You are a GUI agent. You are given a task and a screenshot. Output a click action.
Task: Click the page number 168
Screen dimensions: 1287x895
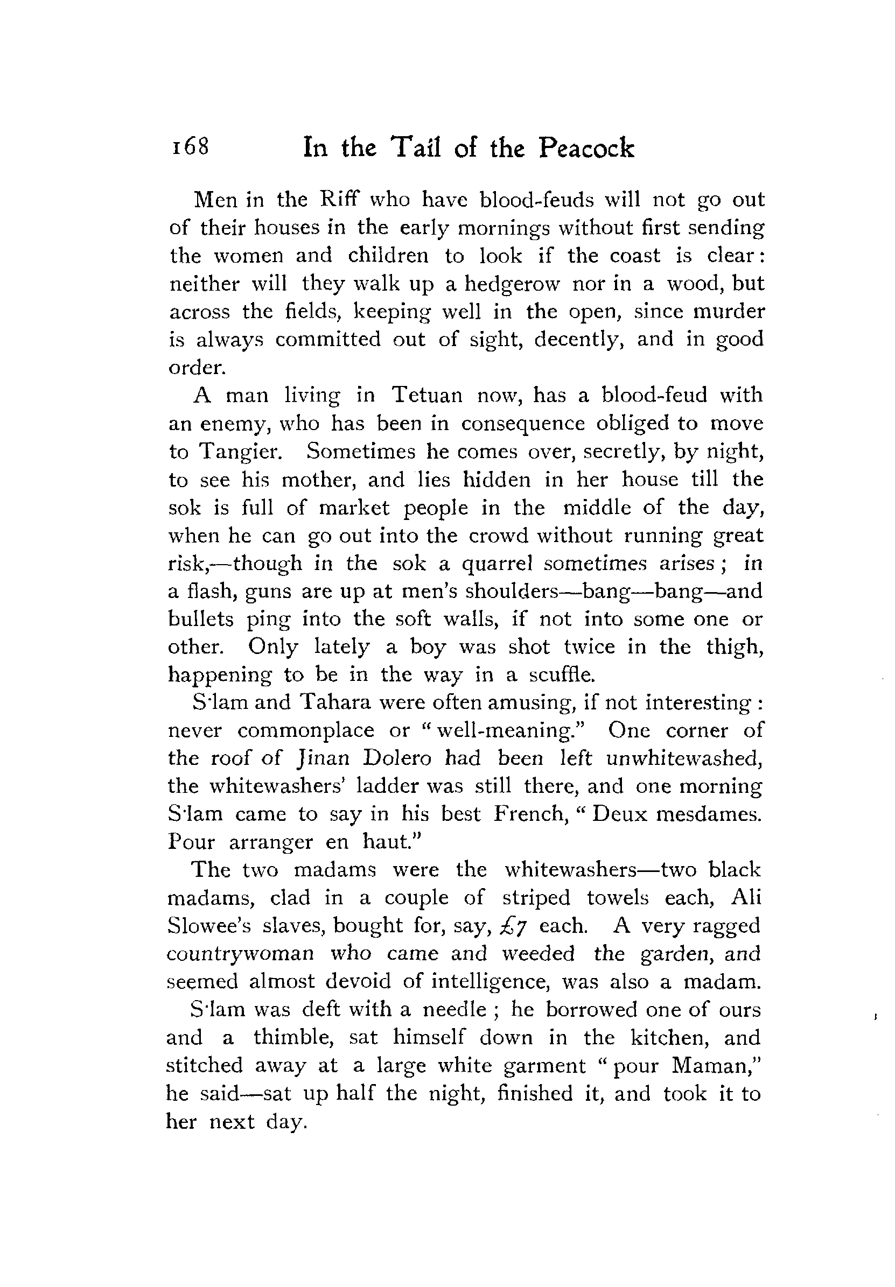(x=191, y=147)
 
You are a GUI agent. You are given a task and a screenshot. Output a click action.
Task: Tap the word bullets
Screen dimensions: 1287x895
(x=200, y=619)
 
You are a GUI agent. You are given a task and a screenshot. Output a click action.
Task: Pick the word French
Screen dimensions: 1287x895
(x=529, y=814)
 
